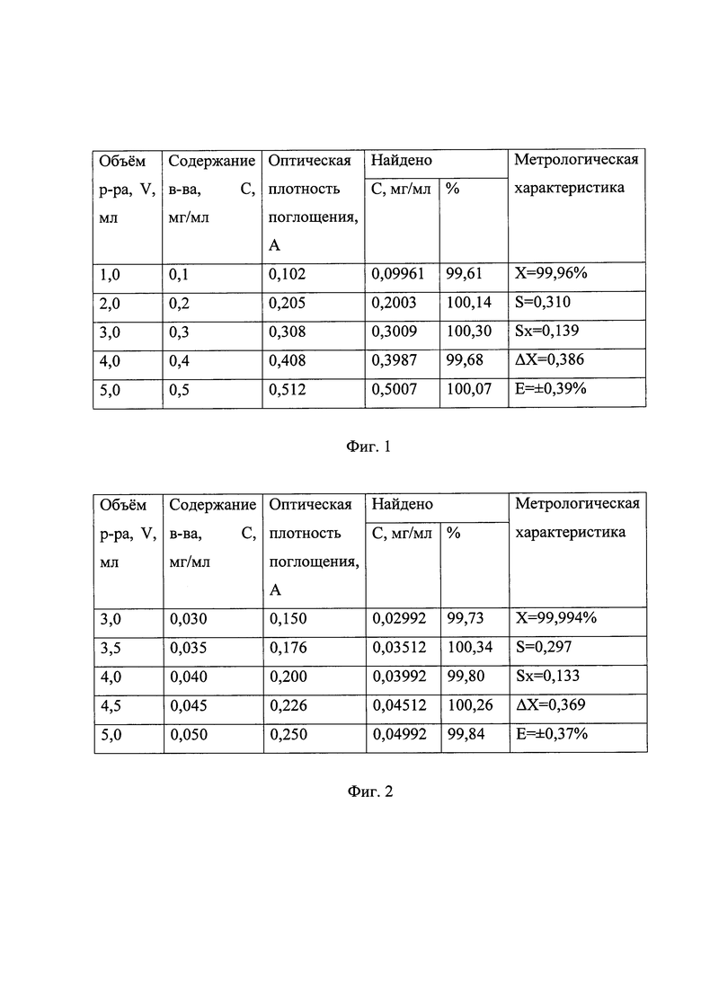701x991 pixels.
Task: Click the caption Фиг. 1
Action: click(368, 447)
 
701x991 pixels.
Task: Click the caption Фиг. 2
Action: click(369, 792)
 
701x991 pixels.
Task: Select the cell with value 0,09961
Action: click(396, 276)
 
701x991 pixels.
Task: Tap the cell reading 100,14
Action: click(468, 304)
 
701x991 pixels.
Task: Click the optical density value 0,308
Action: click(288, 332)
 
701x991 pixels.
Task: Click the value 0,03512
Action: click(396, 648)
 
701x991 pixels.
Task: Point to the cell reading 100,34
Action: click(468, 648)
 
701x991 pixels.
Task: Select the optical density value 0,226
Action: click(288, 705)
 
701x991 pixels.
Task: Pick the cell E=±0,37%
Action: click(551, 734)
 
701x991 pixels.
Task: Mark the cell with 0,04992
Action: click(396, 734)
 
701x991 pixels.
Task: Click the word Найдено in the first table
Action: click(402, 160)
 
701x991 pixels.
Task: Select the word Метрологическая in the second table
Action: click(576, 503)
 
